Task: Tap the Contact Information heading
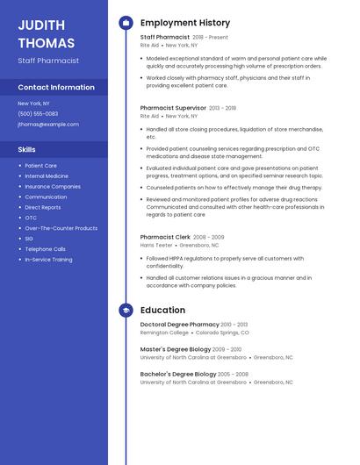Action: pos(56,88)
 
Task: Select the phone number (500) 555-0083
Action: pos(38,114)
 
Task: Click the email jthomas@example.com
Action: pos(48,125)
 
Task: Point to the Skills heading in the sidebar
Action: pos(27,150)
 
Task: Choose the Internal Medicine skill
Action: pos(47,175)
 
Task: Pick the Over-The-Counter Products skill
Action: pos(61,228)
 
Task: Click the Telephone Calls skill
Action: pos(45,249)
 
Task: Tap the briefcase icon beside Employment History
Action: pos(126,23)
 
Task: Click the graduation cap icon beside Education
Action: pos(126,311)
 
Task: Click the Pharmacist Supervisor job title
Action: pos(173,108)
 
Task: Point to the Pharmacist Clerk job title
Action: pos(165,237)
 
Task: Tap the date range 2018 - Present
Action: pos(210,38)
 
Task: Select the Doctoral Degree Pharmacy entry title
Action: pos(179,325)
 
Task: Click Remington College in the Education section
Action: pos(164,333)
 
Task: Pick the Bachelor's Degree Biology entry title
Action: pos(177,374)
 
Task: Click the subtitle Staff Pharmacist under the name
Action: pos(48,61)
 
